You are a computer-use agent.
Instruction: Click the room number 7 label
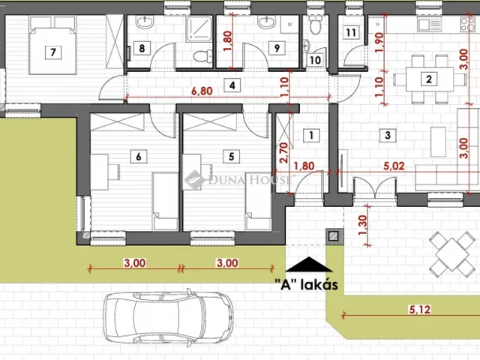click(53, 52)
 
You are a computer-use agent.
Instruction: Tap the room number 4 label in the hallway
click(232, 85)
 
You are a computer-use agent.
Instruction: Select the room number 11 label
click(351, 32)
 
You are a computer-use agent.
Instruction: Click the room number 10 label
click(315, 60)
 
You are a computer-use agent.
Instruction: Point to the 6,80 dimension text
click(202, 91)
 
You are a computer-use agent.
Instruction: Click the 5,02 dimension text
click(394, 166)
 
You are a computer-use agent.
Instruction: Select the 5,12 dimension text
click(420, 310)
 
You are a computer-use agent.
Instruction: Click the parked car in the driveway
click(168, 317)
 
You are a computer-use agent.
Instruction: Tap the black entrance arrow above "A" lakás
click(309, 265)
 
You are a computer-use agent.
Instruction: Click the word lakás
click(319, 285)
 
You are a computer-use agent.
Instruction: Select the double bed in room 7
click(52, 45)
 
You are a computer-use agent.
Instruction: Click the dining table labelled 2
click(430, 79)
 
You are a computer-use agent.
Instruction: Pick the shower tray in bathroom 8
click(199, 29)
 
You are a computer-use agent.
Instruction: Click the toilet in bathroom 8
click(202, 55)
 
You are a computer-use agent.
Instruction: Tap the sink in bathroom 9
click(267, 22)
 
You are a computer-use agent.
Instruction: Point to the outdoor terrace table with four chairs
click(451, 254)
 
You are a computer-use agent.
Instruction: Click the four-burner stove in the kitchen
click(468, 24)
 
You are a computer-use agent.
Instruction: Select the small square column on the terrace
click(333, 236)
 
